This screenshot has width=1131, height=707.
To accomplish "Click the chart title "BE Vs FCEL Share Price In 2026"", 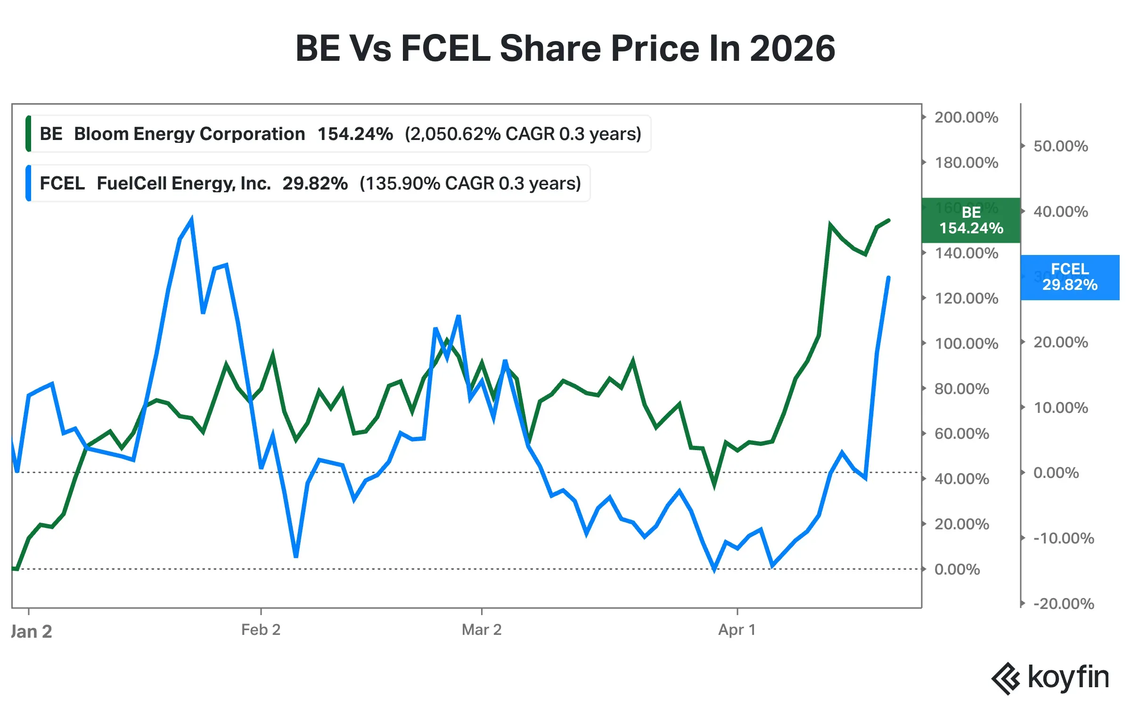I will click(x=565, y=49).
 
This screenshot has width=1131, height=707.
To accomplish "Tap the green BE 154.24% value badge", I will click(x=971, y=220).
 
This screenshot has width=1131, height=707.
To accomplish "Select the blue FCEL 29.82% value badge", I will click(x=1070, y=277).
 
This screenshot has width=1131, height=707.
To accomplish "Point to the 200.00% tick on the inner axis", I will click(x=966, y=117).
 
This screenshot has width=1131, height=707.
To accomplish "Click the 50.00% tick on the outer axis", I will click(x=1060, y=146).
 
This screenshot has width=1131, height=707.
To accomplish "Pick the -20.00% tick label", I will click(x=1063, y=603).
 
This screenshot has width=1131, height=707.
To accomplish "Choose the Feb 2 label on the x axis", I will click(x=261, y=630).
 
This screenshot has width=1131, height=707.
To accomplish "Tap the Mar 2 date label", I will click(x=481, y=630).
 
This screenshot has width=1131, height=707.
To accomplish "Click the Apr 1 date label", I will click(x=737, y=630).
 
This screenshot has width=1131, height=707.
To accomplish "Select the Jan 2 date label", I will click(x=31, y=632).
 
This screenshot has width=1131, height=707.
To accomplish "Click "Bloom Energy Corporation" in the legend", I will click(x=189, y=134).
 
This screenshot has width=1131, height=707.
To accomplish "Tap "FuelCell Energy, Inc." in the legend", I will click(x=184, y=183).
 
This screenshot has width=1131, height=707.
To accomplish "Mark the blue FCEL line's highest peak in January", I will click(x=191, y=219).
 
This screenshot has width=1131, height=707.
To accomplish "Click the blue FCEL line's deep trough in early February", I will click(x=296, y=556).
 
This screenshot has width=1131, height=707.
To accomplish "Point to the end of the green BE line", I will click(x=889, y=220).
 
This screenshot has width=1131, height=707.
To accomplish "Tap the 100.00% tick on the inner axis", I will click(x=966, y=344).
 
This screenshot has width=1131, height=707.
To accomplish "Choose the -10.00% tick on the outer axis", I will click(x=1063, y=538).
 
